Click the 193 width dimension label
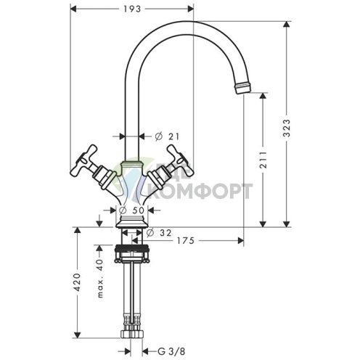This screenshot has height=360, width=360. pyautogui.click(x=132, y=9)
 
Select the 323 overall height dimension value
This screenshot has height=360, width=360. pyautogui.click(x=287, y=128)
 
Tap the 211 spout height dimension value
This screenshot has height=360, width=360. pyautogui.click(x=263, y=160)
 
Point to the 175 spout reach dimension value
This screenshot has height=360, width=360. pyautogui.click(x=186, y=240)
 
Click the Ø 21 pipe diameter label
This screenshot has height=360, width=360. pyautogui.click(x=167, y=136)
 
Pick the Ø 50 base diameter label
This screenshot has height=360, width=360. pyautogui.click(x=132, y=210)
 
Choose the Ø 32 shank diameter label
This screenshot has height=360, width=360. pyautogui.click(x=159, y=233)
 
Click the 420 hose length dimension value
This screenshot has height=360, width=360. pyautogui.click(x=77, y=282)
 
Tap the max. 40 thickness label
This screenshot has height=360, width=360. pyautogui.click(x=100, y=279)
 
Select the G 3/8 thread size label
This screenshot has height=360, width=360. pyautogui.click(x=171, y=351)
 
